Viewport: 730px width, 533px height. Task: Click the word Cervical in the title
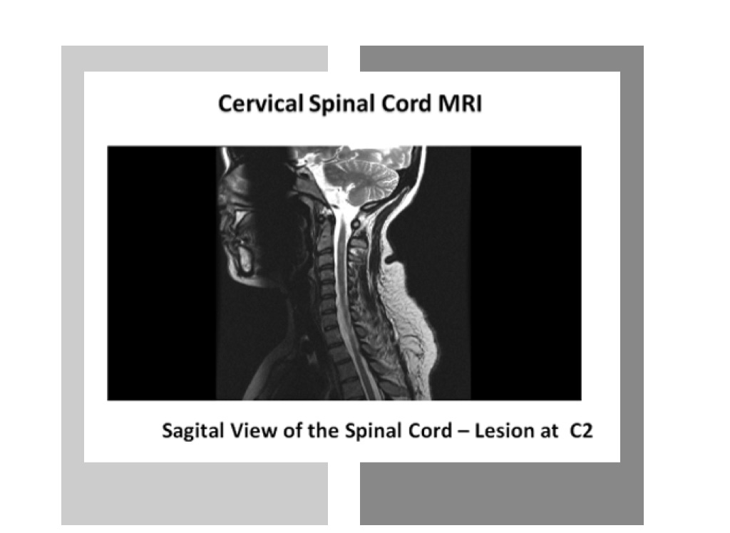pos(260,103)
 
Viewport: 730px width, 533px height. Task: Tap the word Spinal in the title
pos(343,104)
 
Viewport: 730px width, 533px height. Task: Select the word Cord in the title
pos(406,103)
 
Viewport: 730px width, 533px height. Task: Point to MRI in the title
pos(460,103)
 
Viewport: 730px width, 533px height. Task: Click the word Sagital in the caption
pos(192,431)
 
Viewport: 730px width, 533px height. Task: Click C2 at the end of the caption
pos(581,430)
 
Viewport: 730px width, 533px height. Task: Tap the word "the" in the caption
pos(323,430)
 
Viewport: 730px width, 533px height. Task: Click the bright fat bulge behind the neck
pos(410,316)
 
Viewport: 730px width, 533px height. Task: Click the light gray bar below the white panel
pos(195,493)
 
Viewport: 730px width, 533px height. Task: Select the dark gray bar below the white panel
pos(502,493)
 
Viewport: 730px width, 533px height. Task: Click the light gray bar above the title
pos(195,58)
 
